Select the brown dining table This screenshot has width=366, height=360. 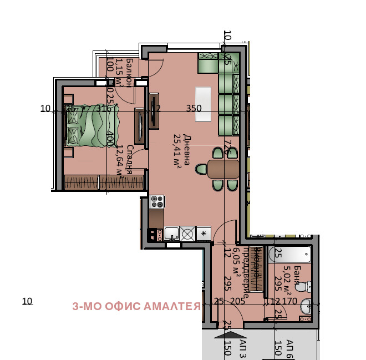[x=223, y=169]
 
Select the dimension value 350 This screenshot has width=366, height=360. [x=194, y=109]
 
